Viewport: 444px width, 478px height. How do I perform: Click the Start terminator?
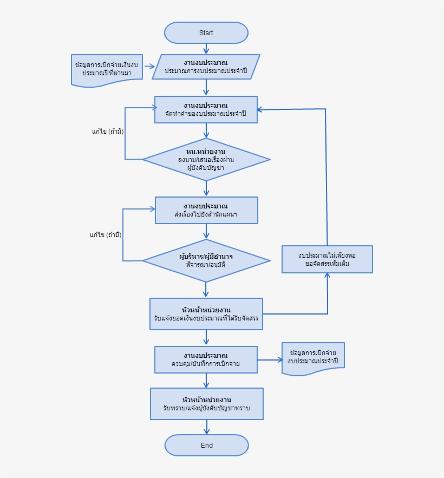point(206,32)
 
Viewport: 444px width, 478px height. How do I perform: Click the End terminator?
point(206,446)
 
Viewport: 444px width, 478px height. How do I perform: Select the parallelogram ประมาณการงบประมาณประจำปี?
point(206,67)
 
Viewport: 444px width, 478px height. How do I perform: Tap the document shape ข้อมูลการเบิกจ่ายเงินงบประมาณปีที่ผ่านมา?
point(107,69)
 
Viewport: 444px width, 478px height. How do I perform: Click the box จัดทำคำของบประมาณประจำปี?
point(206,109)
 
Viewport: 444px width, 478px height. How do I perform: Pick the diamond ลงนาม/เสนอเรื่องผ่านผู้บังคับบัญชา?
point(206,159)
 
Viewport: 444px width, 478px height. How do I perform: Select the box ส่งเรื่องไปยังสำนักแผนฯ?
point(206,210)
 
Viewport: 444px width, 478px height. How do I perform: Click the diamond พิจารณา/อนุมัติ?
point(206,261)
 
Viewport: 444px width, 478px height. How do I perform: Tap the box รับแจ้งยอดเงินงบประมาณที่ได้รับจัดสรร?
point(206,314)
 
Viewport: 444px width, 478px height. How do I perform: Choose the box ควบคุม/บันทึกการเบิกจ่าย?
point(206,359)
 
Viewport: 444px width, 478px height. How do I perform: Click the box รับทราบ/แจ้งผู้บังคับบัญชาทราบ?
point(206,404)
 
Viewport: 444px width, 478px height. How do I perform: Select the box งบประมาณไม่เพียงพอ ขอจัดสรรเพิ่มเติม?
point(327,259)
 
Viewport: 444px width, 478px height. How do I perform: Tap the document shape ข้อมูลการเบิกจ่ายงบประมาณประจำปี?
point(313,357)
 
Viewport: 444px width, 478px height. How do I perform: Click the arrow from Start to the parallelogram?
point(206,48)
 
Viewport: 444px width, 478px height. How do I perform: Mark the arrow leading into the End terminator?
point(206,427)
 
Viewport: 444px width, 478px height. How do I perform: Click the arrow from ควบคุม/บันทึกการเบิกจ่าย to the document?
point(269,359)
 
